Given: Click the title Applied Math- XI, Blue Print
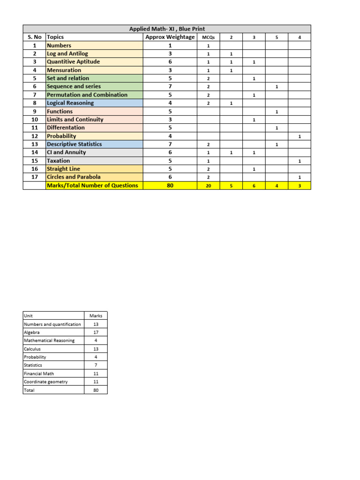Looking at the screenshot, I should pos(167,29).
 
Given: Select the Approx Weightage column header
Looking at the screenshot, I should pos(170,37).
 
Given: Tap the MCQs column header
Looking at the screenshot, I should pos(208,37).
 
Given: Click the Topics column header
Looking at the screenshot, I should pos(55,37).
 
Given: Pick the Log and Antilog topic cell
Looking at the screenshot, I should pos(67,54).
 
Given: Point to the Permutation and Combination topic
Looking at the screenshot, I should pos(87,95).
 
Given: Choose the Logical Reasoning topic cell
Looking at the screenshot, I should pos(70,103).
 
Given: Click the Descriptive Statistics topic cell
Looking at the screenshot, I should pos(74,144).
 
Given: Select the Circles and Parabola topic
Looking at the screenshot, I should pos(73,177).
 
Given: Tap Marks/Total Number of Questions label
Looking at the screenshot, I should pos(92,185).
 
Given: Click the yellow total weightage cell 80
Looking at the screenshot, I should pos(170,185).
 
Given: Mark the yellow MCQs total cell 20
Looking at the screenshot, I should pos(208,185).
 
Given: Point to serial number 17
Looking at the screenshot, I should pos(34,177).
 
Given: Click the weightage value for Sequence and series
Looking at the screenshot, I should pos(170,87).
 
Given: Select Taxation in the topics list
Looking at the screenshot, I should pos(59,161).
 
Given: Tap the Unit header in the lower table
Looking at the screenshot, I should pos(29,316).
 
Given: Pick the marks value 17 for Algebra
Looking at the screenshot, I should pos(96,332).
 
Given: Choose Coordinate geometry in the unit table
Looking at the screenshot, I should pos(45,382).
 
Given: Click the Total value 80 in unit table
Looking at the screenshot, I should pos(96,390).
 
